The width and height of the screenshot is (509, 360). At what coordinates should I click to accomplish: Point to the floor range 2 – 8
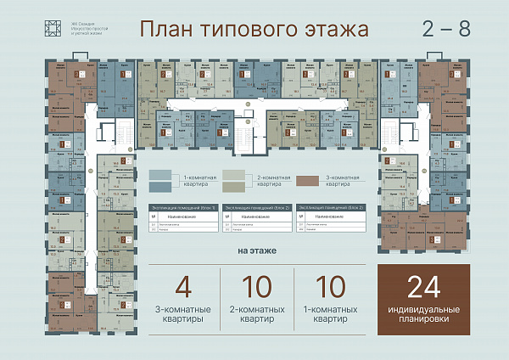click(446, 28)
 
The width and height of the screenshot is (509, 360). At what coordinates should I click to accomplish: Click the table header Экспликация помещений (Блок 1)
click(182, 207)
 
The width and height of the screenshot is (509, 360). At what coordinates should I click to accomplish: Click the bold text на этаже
click(255, 252)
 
